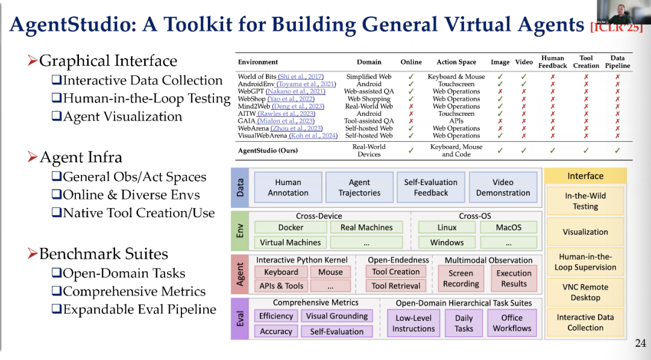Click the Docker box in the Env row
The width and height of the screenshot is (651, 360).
(291, 227)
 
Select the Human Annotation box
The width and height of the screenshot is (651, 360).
(288, 187)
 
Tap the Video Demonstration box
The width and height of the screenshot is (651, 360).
(503, 187)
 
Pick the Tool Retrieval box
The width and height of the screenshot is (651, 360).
(395, 286)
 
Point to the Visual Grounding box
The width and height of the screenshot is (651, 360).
(336, 316)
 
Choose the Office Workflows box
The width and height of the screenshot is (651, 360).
(512, 323)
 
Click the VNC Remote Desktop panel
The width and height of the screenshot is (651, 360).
(585, 292)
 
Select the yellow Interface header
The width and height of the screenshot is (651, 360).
(585, 176)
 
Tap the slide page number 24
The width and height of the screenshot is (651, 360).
(640, 344)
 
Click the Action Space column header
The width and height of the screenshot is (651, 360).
(456, 62)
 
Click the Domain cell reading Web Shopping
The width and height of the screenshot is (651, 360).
(369, 99)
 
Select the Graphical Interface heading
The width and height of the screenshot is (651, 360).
(108, 61)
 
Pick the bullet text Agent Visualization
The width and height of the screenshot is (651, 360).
(122, 116)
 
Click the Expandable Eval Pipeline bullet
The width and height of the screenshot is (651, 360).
(139, 309)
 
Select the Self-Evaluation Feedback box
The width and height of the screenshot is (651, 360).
(430, 187)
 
